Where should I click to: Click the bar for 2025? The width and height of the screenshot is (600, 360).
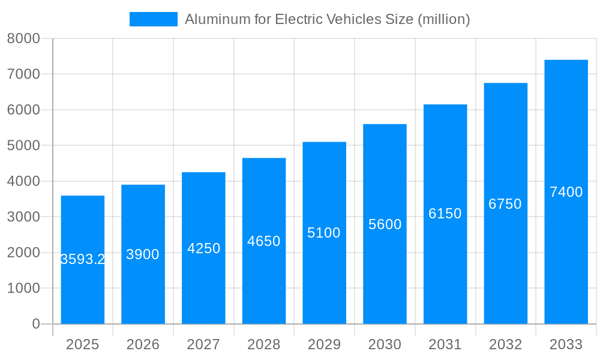pyautogui.click(x=83, y=288)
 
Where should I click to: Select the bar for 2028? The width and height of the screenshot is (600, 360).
pyautogui.click(x=264, y=282)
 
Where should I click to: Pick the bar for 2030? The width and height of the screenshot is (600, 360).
pyautogui.click(x=385, y=276)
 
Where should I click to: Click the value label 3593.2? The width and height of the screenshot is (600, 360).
pyautogui.click(x=83, y=259)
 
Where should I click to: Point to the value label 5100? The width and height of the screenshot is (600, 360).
pyautogui.click(x=324, y=233)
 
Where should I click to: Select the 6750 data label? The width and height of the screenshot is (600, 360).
pyautogui.click(x=505, y=204)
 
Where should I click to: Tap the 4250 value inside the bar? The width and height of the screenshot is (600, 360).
pyautogui.click(x=204, y=248)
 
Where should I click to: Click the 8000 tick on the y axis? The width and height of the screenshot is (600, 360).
pyautogui.click(x=23, y=38)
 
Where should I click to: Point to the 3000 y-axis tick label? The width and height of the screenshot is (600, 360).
pyautogui.click(x=23, y=217)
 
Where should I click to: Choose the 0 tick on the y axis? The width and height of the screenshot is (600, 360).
pyautogui.click(x=35, y=324)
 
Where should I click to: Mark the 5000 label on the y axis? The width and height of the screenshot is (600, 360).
pyautogui.click(x=23, y=146)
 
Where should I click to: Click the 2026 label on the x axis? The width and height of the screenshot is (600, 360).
pyautogui.click(x=143, y=344)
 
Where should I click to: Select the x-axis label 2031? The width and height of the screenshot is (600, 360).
pyautogui.click(x=445, y=344)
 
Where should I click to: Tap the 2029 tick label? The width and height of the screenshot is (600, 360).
pyautogui.click(x=324, y=344)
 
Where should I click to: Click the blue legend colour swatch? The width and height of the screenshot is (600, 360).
pyautogui.click(x=154, y=19)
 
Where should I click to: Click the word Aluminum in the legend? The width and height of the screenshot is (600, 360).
pyautogui.click(x=211, y=19)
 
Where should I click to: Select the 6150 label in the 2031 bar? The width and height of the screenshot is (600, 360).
pyautogui.click(x=445, y=214)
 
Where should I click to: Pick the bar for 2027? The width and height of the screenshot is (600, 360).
pyautogui.click(x=204, y=288)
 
